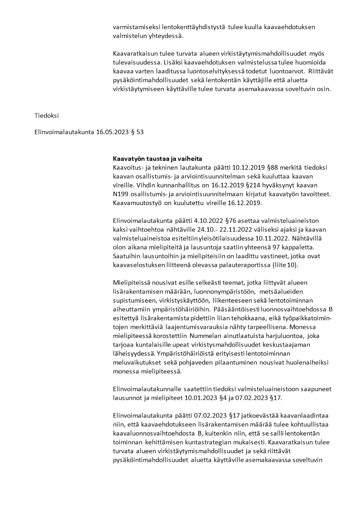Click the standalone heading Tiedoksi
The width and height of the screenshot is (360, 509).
47,115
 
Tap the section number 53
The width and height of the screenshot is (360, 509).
141,132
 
